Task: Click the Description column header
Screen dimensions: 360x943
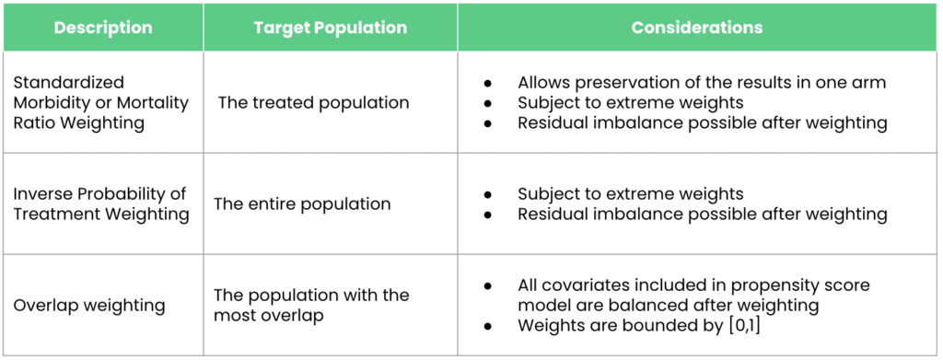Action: pyautogui.click(x=103, y=28)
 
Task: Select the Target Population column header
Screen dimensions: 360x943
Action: pyautogui.click(x=331, y=28)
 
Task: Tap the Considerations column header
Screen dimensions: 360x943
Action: pyautogui.click(x=697, y=28)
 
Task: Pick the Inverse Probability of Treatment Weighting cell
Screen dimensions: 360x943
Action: pyautogui.click(x=100, y=203)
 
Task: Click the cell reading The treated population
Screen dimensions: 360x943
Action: pyautogui.click(x=313, y=103)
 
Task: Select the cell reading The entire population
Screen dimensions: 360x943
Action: pyautogui.click(x=302, y=203)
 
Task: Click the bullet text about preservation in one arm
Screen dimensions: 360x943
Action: pyautogui.click(x=702, y=83)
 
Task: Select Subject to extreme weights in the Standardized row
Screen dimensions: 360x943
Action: pyautogui.click(x=630, y=103)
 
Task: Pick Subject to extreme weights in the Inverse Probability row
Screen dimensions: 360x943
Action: pyautogui.click(x=630, y=194)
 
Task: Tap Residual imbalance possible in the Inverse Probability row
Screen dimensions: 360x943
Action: pyautogui.click(x=702, y=215)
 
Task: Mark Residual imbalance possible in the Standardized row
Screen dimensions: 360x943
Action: pyautogui.click(x=702, y=123)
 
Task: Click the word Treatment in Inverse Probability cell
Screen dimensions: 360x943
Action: pyautogui.click(x=53, y=215)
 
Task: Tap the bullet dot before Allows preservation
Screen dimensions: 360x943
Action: pyautogui.click(x=488, y=83)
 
